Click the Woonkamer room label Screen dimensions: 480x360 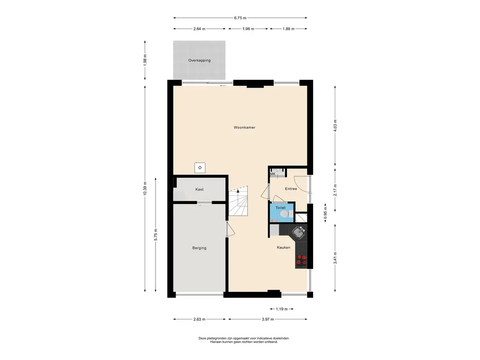244,127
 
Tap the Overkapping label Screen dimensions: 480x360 199,60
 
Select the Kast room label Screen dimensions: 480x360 199,189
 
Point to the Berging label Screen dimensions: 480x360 199,248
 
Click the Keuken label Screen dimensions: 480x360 284,247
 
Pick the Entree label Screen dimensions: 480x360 291,188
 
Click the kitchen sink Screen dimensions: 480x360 299,232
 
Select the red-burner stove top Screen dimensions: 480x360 301,260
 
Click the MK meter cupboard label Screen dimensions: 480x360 272,174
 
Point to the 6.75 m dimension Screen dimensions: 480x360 240,18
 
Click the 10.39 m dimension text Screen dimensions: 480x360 145,188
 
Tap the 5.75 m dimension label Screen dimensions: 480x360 156,235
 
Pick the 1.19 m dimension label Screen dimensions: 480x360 282,309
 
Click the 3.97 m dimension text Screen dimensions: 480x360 268,319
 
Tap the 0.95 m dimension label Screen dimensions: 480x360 325,212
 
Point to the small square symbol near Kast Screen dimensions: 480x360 200,168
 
